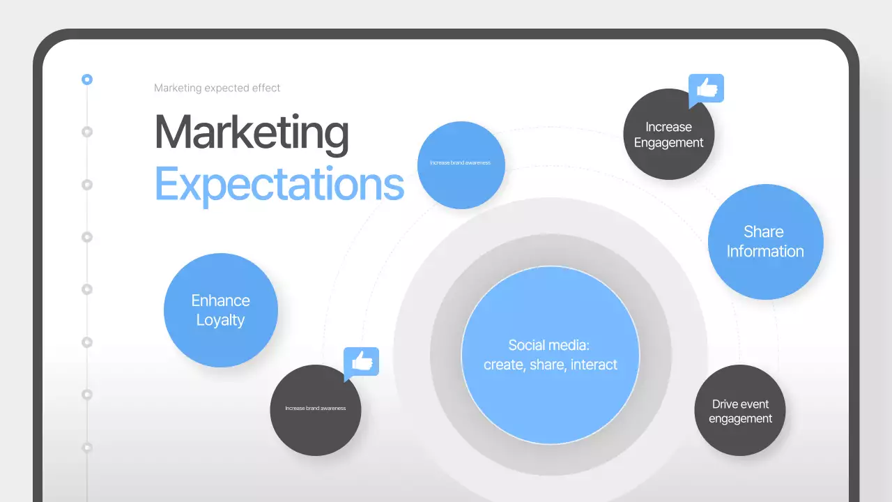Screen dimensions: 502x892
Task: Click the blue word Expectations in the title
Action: pos(279,184)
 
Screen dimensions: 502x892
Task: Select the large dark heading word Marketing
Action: pos(251,132)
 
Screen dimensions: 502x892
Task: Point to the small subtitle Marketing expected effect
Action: pos(217,88)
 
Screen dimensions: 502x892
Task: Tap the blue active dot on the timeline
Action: pos(87,79)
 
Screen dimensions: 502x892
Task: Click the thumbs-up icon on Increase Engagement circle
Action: pos(707,89)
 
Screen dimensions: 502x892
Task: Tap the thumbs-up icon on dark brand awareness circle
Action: pos(362,362)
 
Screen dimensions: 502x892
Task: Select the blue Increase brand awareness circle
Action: pos(461,165)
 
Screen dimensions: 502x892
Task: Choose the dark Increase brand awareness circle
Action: pos(315,410)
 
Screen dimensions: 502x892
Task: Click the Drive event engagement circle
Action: pos(740,411)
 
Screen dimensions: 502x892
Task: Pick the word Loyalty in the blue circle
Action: pos(220,321)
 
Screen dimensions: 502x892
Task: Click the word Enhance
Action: pos(220,301)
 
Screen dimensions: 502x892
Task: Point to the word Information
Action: pos(765,252)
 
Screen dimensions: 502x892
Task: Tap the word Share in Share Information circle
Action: pos(764,231)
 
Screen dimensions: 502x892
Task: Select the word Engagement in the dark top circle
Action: pos(668,143)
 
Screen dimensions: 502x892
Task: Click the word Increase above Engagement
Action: pos(668,127)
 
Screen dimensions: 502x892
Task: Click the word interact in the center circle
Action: pos(594,365)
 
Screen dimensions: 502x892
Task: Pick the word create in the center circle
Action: pos(502,365)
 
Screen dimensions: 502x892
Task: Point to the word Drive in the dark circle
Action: pos(725,404)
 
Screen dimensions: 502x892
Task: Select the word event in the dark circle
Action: pos(755,404)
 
